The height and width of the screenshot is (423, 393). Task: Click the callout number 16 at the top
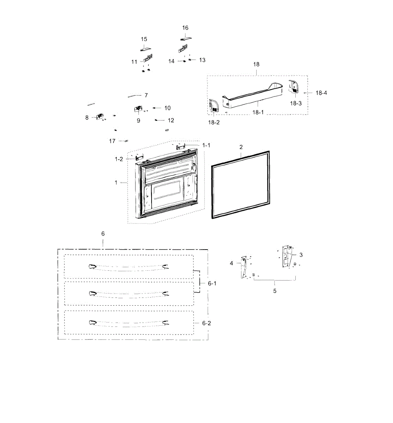pyautogui.click(x=185, y=28)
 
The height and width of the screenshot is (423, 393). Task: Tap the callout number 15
pyautogui.click(x=144, y=39)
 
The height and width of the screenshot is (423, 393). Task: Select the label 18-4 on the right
pyautogui.click(x=321, y=93)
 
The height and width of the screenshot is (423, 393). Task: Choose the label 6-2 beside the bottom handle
pyautogui.click(x=207, y=323)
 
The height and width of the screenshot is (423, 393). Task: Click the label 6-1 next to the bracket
pyautogui.click(x=212, y=283)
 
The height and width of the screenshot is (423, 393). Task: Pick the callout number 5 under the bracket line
pyautogui.click(x=275, y=291)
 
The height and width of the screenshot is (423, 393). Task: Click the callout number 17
pyautogui.click(x=112, y=141)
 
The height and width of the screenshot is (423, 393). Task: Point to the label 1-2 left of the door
pyautogui.click(x=119, y=159)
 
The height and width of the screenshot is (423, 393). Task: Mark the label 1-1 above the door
pyautogui.click(x=206, y=145)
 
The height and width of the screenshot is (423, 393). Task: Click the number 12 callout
pyautogui.click(x=171, y=120)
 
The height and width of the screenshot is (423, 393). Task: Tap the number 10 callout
pyautogui.click(x=167, y=108)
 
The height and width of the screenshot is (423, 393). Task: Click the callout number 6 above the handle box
pyautogui.click(x=103, y=234)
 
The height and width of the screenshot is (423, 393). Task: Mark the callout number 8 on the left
pyautogui.click(x=87, y=117)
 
